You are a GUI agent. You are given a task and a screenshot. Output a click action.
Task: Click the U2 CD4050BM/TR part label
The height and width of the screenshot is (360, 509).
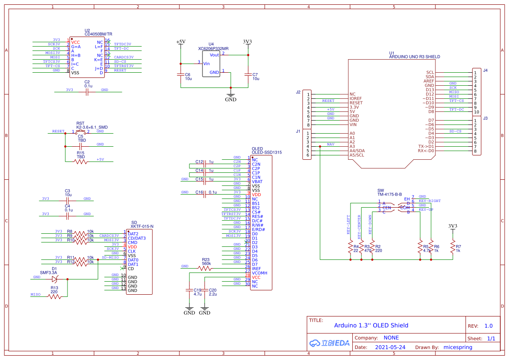(x=98, y=34)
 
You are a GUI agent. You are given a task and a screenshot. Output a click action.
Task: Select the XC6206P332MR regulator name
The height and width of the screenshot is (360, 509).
(x=213, y=49)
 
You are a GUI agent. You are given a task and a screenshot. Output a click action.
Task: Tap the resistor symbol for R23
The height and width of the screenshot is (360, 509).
(x=206, y=269)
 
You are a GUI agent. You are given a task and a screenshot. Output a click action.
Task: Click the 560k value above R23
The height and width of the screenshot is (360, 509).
(x=206, y=264)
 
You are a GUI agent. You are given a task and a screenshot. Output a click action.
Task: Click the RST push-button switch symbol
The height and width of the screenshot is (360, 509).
(x=81, y=131)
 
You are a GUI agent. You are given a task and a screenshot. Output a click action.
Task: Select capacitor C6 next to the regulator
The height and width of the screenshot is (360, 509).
(x=181, y=75)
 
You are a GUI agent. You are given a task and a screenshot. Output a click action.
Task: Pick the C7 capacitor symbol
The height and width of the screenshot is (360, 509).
(x=248, y=75)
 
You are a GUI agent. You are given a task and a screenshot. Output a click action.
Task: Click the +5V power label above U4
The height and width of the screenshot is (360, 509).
(x=181, y=42)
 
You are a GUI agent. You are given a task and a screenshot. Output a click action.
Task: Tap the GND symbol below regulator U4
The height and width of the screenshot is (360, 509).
(x=230, y=96)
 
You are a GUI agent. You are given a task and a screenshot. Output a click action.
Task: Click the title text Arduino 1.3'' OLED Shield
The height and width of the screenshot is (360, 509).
(x=371, y=325)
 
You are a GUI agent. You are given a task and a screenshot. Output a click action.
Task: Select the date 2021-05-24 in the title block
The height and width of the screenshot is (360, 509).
(x=390, y=347)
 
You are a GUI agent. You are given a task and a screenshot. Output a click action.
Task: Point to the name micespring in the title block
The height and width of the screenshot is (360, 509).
(x=457, y=347)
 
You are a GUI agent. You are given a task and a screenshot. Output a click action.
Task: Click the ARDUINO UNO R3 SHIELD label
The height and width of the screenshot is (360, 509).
(x=414, y=57)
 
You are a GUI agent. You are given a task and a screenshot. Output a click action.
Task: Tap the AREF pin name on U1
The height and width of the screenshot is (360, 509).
(x=429, y=81)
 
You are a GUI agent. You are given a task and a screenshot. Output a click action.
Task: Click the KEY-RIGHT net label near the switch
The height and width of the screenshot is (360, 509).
(x=429, y=201)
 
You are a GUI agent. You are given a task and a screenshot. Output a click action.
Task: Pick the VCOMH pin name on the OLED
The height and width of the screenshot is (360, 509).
(x=260, y=273)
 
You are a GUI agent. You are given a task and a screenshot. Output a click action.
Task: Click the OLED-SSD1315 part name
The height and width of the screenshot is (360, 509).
(x=267, y=153)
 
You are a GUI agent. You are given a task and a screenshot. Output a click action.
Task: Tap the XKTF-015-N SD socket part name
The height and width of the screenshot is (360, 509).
(x=142, y=226)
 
